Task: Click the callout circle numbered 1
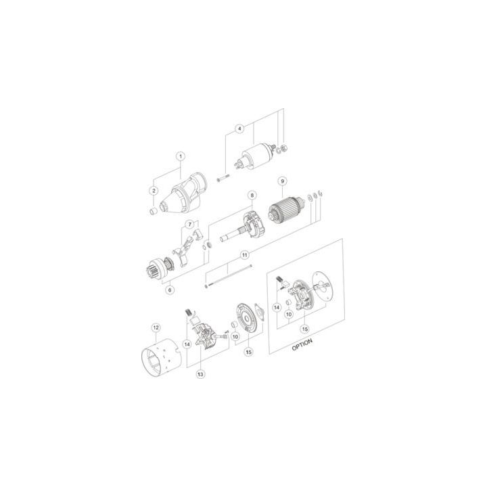(181, 156)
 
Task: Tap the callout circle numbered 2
(154, 191)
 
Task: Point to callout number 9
(282, 181)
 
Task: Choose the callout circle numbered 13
(200, 373)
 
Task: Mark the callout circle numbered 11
(245, 255)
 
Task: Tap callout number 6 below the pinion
(170, 289)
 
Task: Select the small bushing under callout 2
(154, 212)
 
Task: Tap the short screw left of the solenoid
(224, 179)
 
